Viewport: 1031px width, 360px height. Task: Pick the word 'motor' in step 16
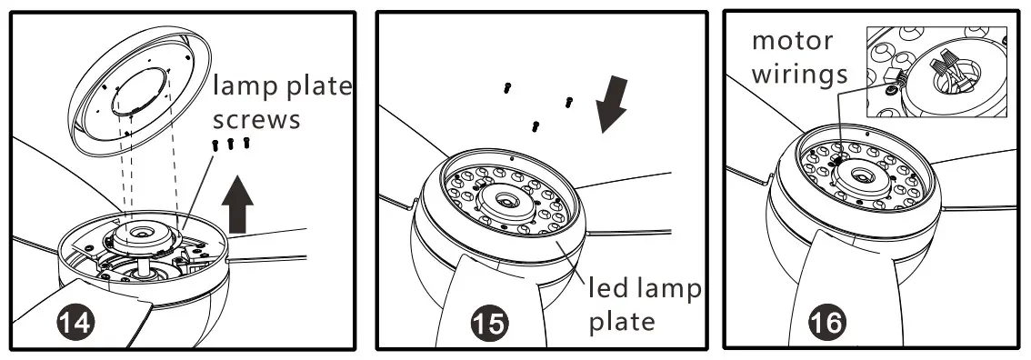point(793,42)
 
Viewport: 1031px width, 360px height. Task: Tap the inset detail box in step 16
point(936,71)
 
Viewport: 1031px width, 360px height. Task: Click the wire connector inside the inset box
point(893,75)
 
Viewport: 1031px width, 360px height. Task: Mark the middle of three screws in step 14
point(230,144)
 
